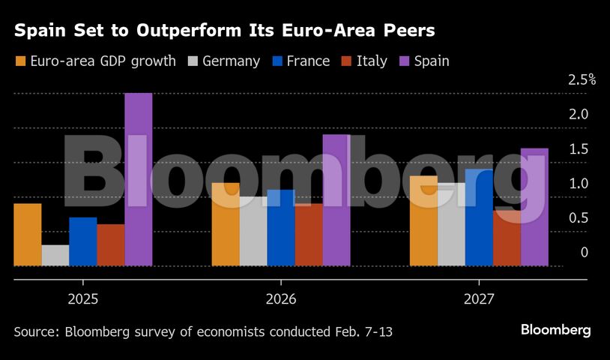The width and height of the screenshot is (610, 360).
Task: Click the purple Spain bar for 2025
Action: pyautogui.click(x=139, y=180)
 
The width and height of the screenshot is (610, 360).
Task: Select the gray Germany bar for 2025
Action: pyautogui.click(x=55, y=256)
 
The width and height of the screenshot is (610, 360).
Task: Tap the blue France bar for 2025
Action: pyautogui.click(x=83, y=241)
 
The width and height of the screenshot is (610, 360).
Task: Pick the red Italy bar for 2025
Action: pyautogui.click(x=111, y=245)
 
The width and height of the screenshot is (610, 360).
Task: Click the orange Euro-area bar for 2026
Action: pyautogui.click(x=226, y=224)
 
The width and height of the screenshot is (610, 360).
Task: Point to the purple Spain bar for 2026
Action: pyautogui.click(x=336, y=200)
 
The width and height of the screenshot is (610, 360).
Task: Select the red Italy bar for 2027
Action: pyautogui.click(x=507, y=238)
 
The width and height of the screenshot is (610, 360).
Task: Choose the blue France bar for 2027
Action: pyautogui.click(x=479, y=217)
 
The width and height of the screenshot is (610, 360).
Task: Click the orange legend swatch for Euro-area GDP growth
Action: pyautogui.click(x=20, y=61)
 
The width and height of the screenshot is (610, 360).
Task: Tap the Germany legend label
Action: pyautogui.click(x=231, y=61)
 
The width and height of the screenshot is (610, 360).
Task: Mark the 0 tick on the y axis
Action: pyautogui.click(x=574, y=253)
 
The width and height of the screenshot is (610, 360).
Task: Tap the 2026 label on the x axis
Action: pyautogui.click(x=281, y=299)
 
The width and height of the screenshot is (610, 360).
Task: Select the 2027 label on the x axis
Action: pyautogui.click(x=479, y=299)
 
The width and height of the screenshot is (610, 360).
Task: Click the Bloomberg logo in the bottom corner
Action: pyautogui.click(x=556, y=331)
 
